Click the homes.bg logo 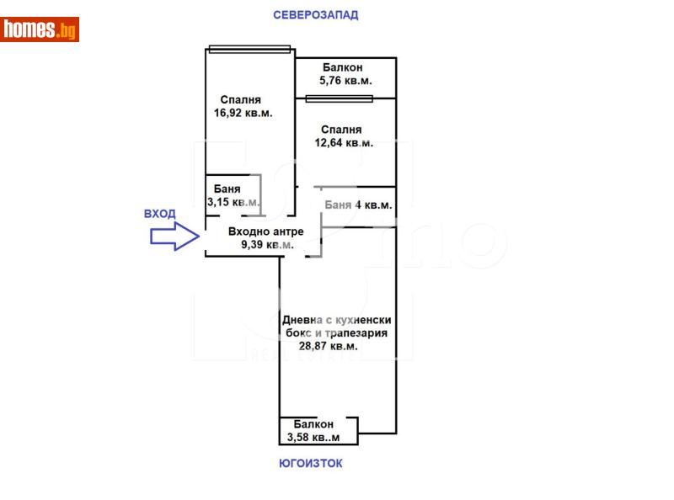(x=40, y=29)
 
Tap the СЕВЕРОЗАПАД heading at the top (x=316, y=14)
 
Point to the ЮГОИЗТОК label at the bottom (x=311, y=463)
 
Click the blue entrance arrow (x=174, y=237)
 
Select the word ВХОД (x=160, y=214)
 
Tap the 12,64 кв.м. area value (x=343, y=143)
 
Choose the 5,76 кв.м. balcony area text (x=345, y=81)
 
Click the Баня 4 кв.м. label (x=357, y=205)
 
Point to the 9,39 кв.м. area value (x=267, y=245)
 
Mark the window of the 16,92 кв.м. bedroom (x=249, y=48)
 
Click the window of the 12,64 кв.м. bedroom (x=339, y=98)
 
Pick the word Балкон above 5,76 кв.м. (x=341, y=67)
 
